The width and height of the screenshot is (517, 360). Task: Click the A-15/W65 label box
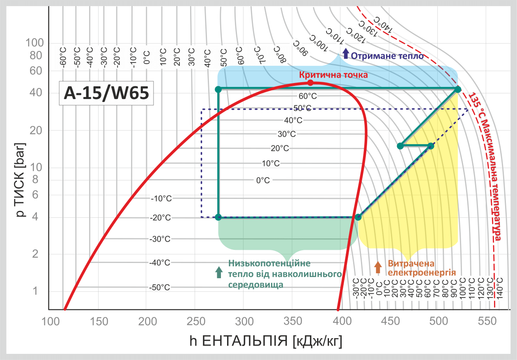(x=106, y=94)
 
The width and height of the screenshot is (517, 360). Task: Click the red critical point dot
(x=310, y=83)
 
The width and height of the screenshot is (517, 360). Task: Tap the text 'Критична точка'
(x=333, y=75)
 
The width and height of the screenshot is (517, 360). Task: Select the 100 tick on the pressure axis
(x=34, y=42)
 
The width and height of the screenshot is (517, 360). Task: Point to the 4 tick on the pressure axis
(x=35, y=217)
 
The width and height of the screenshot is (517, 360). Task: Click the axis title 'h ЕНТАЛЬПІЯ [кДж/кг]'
(x=266, y=341)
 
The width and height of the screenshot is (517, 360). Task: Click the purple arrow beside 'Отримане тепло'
(x=346, y=53)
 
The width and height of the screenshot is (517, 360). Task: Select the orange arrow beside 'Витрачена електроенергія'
(x=378, y=267)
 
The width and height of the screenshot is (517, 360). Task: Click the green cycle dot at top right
(x=458, y=89)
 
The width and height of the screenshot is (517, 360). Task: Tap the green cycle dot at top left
(x=218, y=89)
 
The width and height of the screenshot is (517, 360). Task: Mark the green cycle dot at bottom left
(x=218, y=217)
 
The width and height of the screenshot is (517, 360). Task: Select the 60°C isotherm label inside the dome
(x=308, y=96)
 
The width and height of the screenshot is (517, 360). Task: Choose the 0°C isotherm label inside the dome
(x=263, y=180)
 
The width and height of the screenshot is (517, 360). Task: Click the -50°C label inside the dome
(x=160, y=287)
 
